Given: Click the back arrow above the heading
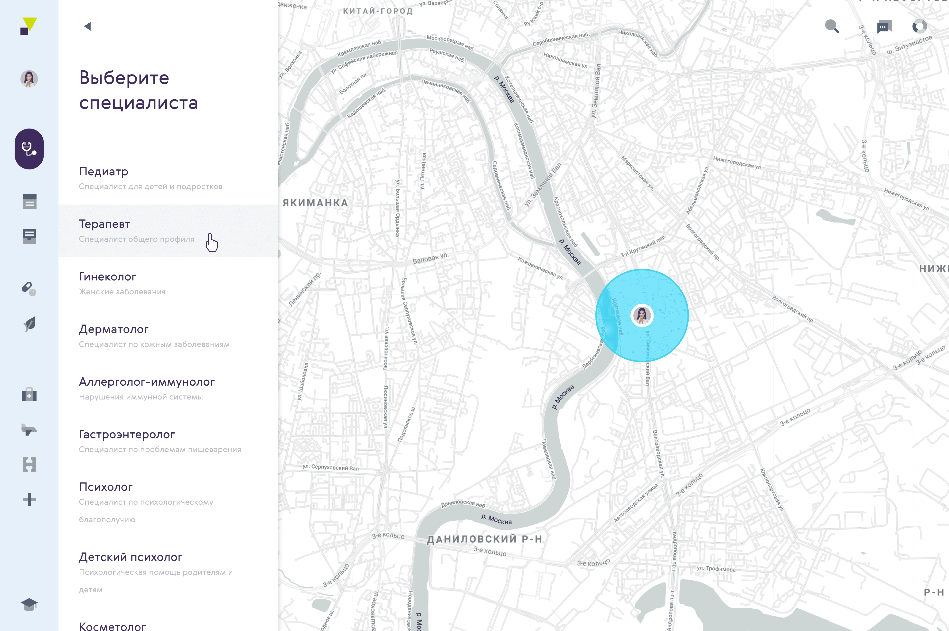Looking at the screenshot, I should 88,27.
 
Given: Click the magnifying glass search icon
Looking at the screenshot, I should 831,27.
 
